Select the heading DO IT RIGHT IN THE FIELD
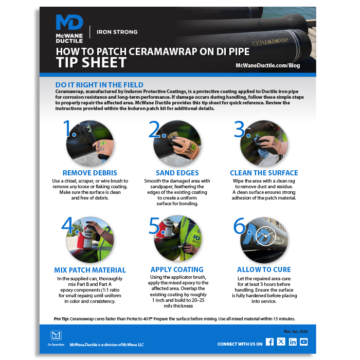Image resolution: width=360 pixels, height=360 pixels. tap(99, 84)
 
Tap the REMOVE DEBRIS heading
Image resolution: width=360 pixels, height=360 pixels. tap(91, 173)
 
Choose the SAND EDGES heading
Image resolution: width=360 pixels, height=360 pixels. tap(177, 173)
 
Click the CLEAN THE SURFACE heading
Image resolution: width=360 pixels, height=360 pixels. tap(264, 173)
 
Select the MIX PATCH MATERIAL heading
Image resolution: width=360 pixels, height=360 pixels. tap(90, 269)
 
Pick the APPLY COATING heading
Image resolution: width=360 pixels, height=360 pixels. tap(177, 269)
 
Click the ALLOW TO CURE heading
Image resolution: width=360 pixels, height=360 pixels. tap(264, 269)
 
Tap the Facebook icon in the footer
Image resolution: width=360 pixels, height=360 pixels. tap(269, 341)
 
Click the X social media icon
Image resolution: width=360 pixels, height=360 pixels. tap(281, 341)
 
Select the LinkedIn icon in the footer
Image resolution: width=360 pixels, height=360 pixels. tap(293, 341)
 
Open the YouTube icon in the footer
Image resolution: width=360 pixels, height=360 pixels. tap(304, 341)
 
